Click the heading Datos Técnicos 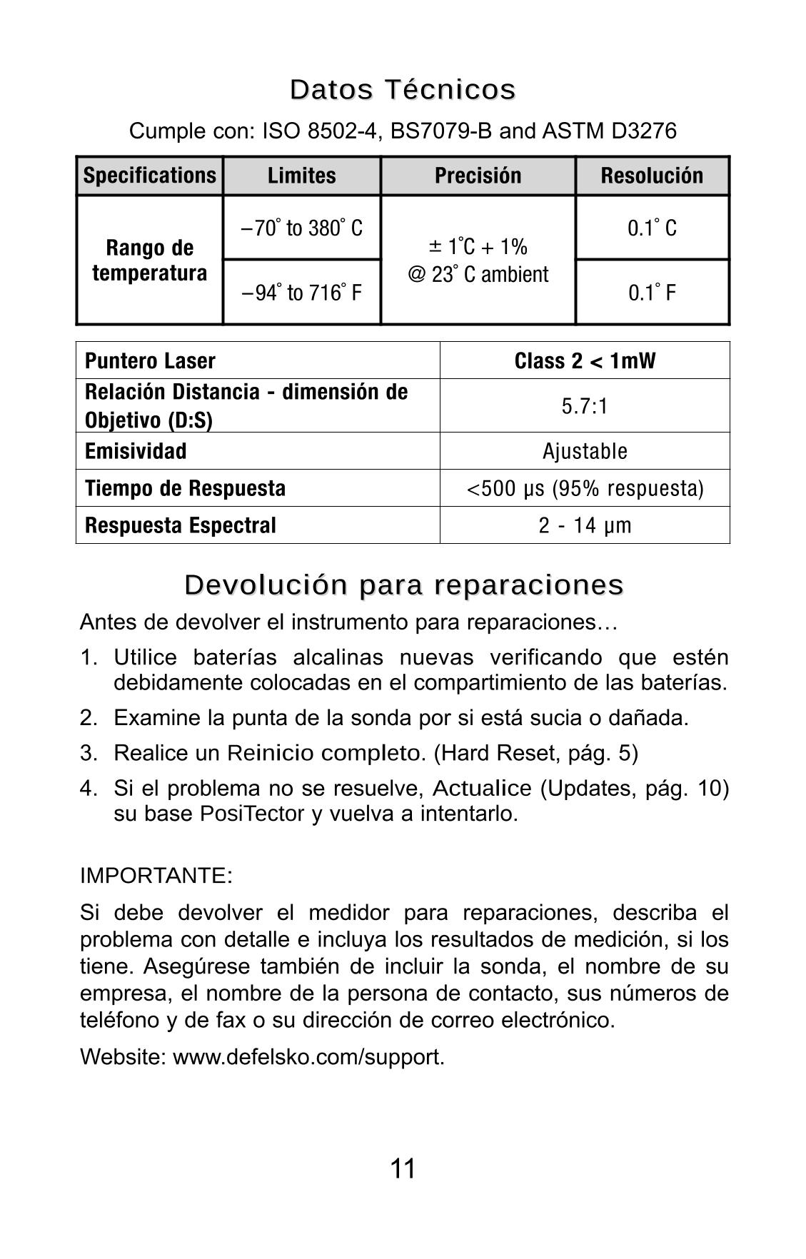pyautogui.click(x=403, y=90)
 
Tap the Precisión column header pyautogui.click(x=478, y=176)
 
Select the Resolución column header pyautogui.click(x=652, y=176)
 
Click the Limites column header pyautogui.click(x=301, y=176)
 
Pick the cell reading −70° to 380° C pyautogui.click(x=302, y=228)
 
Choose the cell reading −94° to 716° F pyautogui.click(x=302, y=293)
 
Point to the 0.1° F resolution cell pyautogui.click(x=652, y=293)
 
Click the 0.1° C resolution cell pyautogui.click(x=652, y=228)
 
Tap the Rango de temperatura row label pyautogui.click(x=150, y=261)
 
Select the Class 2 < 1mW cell pyautogui.click(x=585, y=361)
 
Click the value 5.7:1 pyautogui.click(x=585, y=406)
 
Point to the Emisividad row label pyautogui.click(x=136, y=451)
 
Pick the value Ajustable pyautogui.click(x=585, y=451)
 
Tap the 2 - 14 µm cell pyautogui.click(x=585, y=525)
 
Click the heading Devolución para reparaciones pyautogui.click(x=403, y=585)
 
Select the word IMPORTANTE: pyautogui.click(x=156, y=876)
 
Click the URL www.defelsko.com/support pyautogui.click(x=308, y=1056)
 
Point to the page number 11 pyautogui.click(x=403, y=1169)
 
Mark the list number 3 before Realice pyautogui.click(x=88, y=753)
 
